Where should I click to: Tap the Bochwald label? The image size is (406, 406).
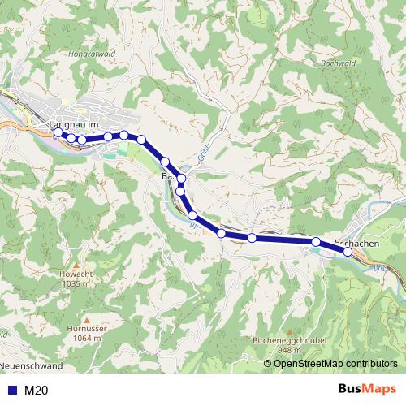pos(340,62)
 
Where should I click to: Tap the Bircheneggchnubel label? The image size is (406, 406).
pos(284,342)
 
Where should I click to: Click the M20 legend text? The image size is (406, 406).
pos(36,391)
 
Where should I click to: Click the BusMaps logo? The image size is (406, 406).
pos(365,390)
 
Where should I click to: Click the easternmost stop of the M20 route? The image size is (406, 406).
pos(348,252)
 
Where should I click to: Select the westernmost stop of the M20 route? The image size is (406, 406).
pos(58,132)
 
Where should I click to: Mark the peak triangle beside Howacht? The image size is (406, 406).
pos(74,266)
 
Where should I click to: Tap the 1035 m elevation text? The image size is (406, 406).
pos(74,284)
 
